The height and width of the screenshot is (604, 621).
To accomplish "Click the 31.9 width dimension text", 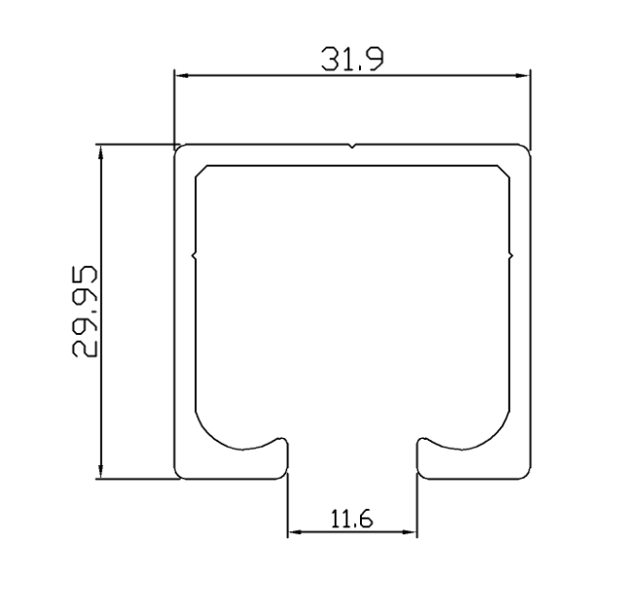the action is (x=351, y=59).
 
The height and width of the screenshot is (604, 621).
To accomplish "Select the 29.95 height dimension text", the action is (x=84, y=312).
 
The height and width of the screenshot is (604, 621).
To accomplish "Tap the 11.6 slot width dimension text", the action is (x=351, y=519).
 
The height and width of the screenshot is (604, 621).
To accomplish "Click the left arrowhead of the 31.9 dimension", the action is (x=181, y=75).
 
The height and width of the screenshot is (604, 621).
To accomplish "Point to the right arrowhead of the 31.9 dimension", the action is (x=522, y=75).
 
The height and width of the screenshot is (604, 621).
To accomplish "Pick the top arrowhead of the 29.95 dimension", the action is (x=101, y=152).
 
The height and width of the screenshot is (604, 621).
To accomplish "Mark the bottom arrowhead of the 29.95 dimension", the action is (x=101, y=472).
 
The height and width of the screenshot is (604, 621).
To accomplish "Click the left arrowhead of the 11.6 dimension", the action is (x=295, y=532).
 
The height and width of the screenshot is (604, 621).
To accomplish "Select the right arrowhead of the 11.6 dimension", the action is (x=409, y=532).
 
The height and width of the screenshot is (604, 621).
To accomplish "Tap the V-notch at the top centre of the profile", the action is (x=351, y=147).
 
